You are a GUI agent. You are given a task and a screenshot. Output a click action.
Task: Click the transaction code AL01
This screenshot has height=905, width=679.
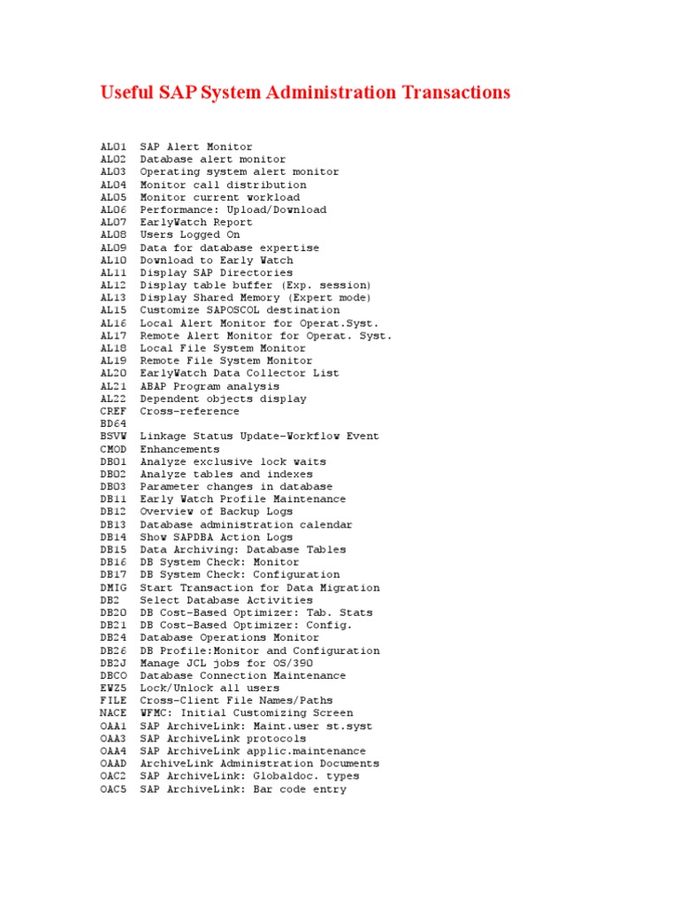pos(114,147)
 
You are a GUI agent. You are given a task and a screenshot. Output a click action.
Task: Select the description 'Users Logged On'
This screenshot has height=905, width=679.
pos(190,235)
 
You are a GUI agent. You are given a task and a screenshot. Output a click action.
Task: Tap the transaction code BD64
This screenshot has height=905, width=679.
pos(114,424)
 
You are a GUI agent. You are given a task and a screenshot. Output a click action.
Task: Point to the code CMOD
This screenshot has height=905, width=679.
pos(114,449)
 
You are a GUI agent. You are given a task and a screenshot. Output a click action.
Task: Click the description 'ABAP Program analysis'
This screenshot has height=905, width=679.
pos(210,386)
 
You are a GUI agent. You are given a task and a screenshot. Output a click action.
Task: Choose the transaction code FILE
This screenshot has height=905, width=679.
pos(114,701)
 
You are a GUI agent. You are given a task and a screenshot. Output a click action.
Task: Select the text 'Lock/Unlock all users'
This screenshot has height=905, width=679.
pos(210,688)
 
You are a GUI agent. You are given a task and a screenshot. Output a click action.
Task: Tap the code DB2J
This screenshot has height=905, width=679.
pos(114,663)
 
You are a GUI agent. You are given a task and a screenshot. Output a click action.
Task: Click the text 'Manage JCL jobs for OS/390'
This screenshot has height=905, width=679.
pos(226,663)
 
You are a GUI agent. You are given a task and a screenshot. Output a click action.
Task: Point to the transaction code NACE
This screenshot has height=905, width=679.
pos(114,713)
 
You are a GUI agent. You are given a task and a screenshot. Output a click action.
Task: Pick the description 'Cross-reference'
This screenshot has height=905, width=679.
pos(189,411)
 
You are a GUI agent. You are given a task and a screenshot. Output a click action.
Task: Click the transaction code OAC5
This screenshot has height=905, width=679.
pos(114,789)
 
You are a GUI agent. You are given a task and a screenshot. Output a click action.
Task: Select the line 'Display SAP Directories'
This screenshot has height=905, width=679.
pos(216,273)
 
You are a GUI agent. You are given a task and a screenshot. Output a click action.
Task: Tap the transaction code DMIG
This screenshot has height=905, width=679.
pos(114,588)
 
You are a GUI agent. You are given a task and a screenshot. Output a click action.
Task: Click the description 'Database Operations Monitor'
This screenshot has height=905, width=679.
pos(230,637)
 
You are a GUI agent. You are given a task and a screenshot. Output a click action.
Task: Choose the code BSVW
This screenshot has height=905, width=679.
pos(114,437)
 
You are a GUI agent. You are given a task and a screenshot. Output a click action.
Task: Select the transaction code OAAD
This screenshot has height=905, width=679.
pos(114,764)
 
